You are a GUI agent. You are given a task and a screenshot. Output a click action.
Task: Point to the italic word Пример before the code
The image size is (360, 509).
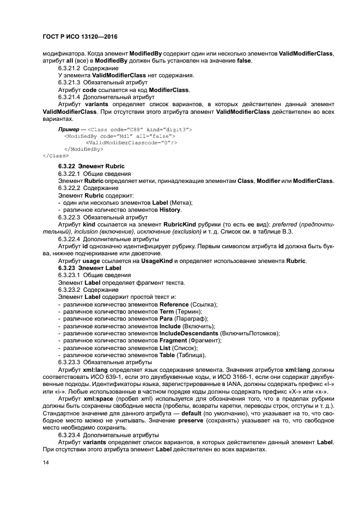[x=68, y=129]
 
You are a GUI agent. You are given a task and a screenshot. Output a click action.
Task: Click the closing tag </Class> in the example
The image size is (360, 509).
[x=52, y=155]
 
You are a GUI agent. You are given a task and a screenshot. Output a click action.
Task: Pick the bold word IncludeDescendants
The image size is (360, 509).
[x=189, y=333]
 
